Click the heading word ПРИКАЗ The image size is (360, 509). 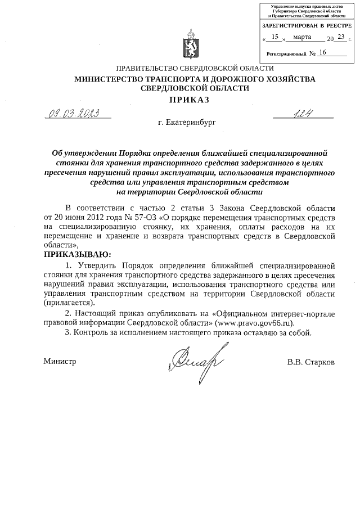pos(186,100)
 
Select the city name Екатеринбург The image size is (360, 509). pos(187,121)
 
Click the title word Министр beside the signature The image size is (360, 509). pos(60,362)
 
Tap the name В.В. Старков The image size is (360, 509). pos(310,362)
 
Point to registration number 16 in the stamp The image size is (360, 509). pos(322,52)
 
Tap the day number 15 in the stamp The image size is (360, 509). pos(275,37)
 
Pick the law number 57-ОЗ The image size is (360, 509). pos(148,217)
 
